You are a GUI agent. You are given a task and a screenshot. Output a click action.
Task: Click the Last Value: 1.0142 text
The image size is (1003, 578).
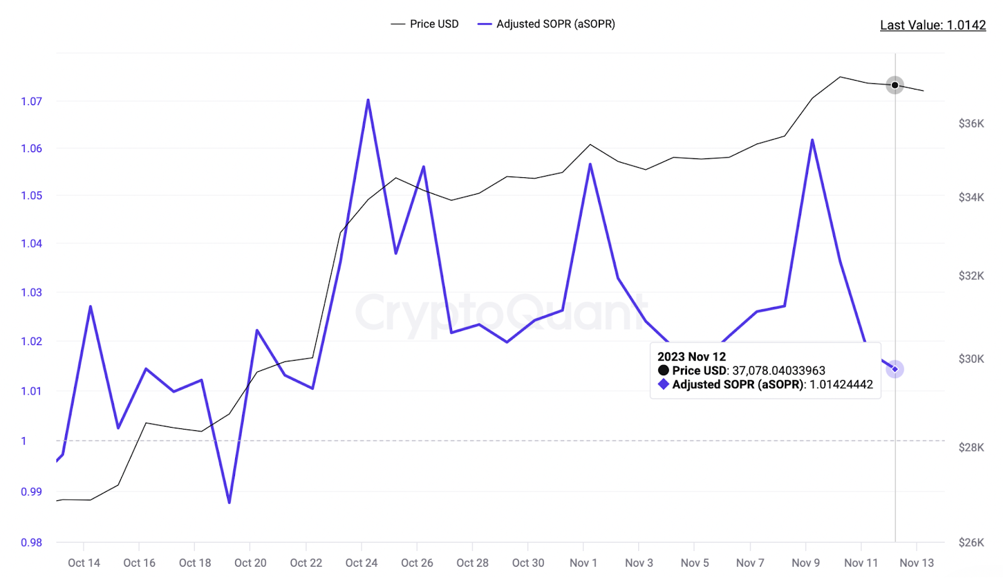coord(932,25)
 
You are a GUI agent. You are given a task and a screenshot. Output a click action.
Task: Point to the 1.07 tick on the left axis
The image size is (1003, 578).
coord(31,101)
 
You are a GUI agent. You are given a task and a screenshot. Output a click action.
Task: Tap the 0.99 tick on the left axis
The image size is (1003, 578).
coord(31,492)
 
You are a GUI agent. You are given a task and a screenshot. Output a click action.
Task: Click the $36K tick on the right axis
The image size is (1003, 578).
coord(970,123)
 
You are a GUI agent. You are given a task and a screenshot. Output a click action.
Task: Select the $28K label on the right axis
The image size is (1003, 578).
coord(970,447)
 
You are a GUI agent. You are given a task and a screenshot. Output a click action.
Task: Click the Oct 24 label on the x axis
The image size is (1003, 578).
coord(361,562)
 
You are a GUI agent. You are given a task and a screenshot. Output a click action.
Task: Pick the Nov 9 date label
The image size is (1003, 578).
coord(806,562)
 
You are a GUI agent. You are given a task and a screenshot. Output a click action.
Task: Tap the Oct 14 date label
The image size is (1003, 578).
coord(84,562)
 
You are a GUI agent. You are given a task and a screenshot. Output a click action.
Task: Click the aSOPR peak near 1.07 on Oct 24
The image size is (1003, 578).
coord(368,100)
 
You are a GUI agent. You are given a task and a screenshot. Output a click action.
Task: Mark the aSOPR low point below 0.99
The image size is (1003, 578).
coord(229,502)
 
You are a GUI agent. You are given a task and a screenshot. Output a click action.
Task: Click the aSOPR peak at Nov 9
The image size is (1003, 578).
coord(812,140)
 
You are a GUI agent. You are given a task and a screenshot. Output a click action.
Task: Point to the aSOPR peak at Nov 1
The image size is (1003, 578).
coord(591,164)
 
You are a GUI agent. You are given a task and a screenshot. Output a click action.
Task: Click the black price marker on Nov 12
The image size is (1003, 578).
coord(895,85)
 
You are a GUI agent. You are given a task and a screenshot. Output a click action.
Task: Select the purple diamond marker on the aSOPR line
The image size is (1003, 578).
coord(895,369)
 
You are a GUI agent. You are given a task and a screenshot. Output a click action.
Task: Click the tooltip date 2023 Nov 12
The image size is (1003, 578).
coord(691,356)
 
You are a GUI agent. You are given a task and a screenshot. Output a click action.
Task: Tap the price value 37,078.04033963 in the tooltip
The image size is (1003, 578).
coord(779,371)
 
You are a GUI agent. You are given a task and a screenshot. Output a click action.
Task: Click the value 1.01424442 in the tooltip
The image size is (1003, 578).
coord(841,384)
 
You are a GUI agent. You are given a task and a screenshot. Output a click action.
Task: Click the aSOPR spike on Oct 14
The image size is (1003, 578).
coord(91,307)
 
